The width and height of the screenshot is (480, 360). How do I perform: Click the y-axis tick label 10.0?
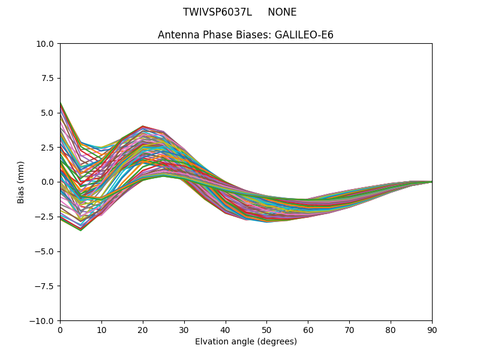pyautogui.click(x=46, y=44)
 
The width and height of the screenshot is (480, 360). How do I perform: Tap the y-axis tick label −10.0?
pyautogui.click(x=43, y=321)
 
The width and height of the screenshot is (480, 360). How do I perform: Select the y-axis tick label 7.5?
pyautogui.click(x=48, y=79)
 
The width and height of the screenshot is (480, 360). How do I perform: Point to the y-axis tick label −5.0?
pyautogui.click(x=45, y=251)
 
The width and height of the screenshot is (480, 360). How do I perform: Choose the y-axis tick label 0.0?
pyautogui.click(x=48, y=182)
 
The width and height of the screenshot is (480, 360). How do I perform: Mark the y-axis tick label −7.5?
pyautogui.click(x=45, y=286)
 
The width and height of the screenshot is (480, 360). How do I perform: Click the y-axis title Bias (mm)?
pyautogui.click(x=21, y=182)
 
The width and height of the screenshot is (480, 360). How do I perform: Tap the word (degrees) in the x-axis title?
pyautogui.click(x=277, y=342)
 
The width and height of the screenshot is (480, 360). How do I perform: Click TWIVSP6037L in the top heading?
pyautogui.click(x=217, y=13)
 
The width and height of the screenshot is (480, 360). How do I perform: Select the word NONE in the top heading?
pyautogui.click(x=282, y=13)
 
